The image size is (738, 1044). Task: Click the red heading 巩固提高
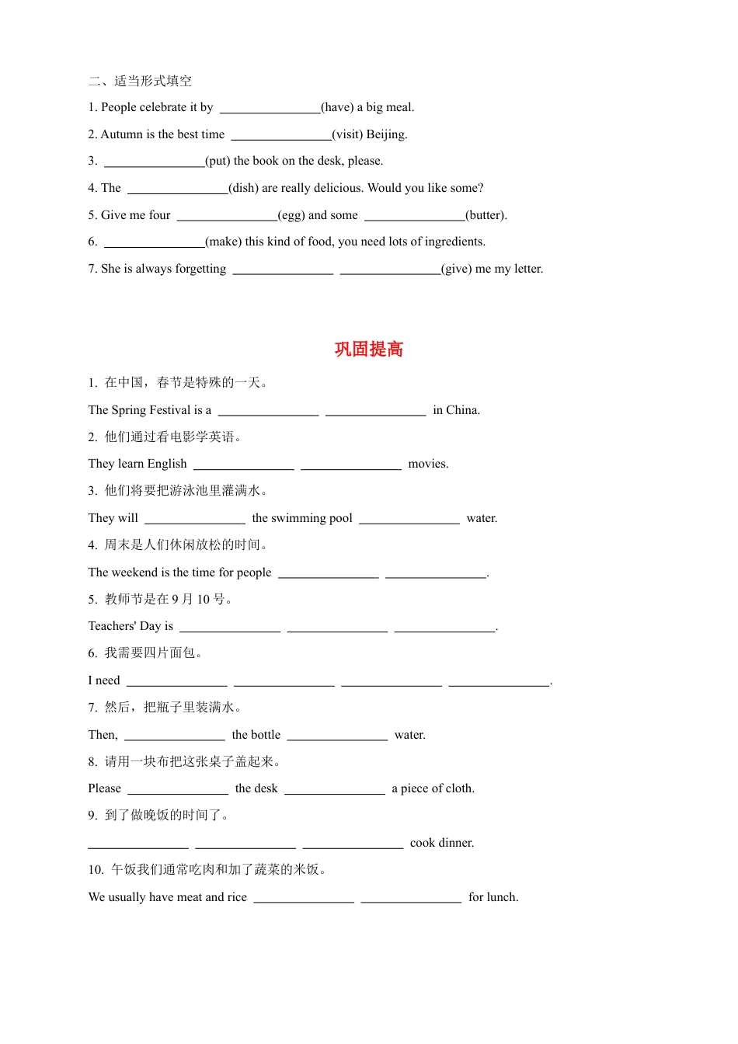(x=369, y=350)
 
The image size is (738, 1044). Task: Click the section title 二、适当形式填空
(x=141, y=81)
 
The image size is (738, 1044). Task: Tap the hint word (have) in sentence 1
(x=337, y=107)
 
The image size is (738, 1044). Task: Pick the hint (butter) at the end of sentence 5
(x=486, y=215)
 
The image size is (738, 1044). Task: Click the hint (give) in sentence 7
(x=456, y=269)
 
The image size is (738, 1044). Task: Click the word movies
(x=427, y=464)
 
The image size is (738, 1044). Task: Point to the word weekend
(x=134, y=572)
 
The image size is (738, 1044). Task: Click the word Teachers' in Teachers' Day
(x=112, y=626)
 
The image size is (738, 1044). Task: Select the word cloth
(x=458, y=788)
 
